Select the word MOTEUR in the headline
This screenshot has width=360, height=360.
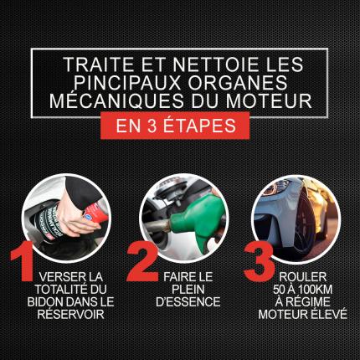269,100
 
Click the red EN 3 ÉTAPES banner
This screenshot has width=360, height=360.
175,126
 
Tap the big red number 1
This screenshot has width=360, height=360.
23,261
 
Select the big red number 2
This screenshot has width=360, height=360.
143,261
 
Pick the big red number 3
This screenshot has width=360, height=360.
259,261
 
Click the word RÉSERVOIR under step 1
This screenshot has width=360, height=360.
71,315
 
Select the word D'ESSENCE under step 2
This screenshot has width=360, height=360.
188,302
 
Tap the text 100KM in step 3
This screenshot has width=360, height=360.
316,290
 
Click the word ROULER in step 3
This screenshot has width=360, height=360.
303,277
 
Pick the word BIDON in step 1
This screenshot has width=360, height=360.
45,302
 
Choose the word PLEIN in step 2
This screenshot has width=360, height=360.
188,290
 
